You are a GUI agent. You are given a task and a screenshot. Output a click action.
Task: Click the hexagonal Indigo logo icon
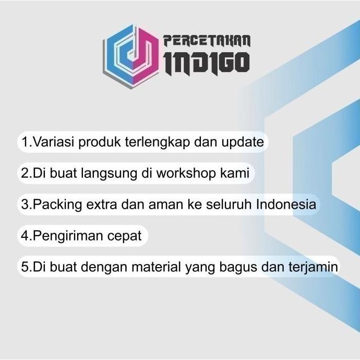130,51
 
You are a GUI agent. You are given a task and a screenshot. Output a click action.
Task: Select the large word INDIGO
207,63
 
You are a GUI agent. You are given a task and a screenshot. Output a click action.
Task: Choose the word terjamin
313,267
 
